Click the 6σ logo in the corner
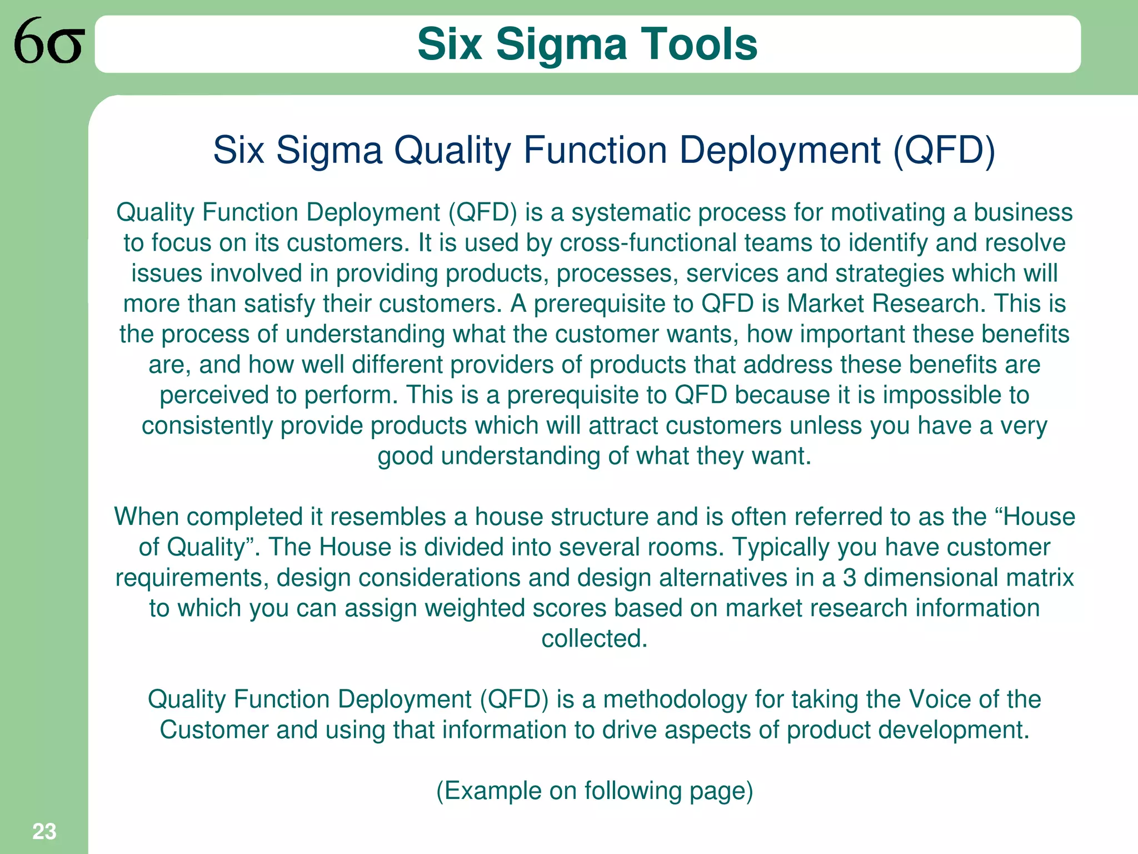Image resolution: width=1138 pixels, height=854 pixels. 49,42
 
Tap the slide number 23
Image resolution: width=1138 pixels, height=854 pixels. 44,831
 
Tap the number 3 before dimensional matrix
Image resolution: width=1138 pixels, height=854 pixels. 849,578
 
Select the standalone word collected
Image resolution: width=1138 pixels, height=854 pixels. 594,639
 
